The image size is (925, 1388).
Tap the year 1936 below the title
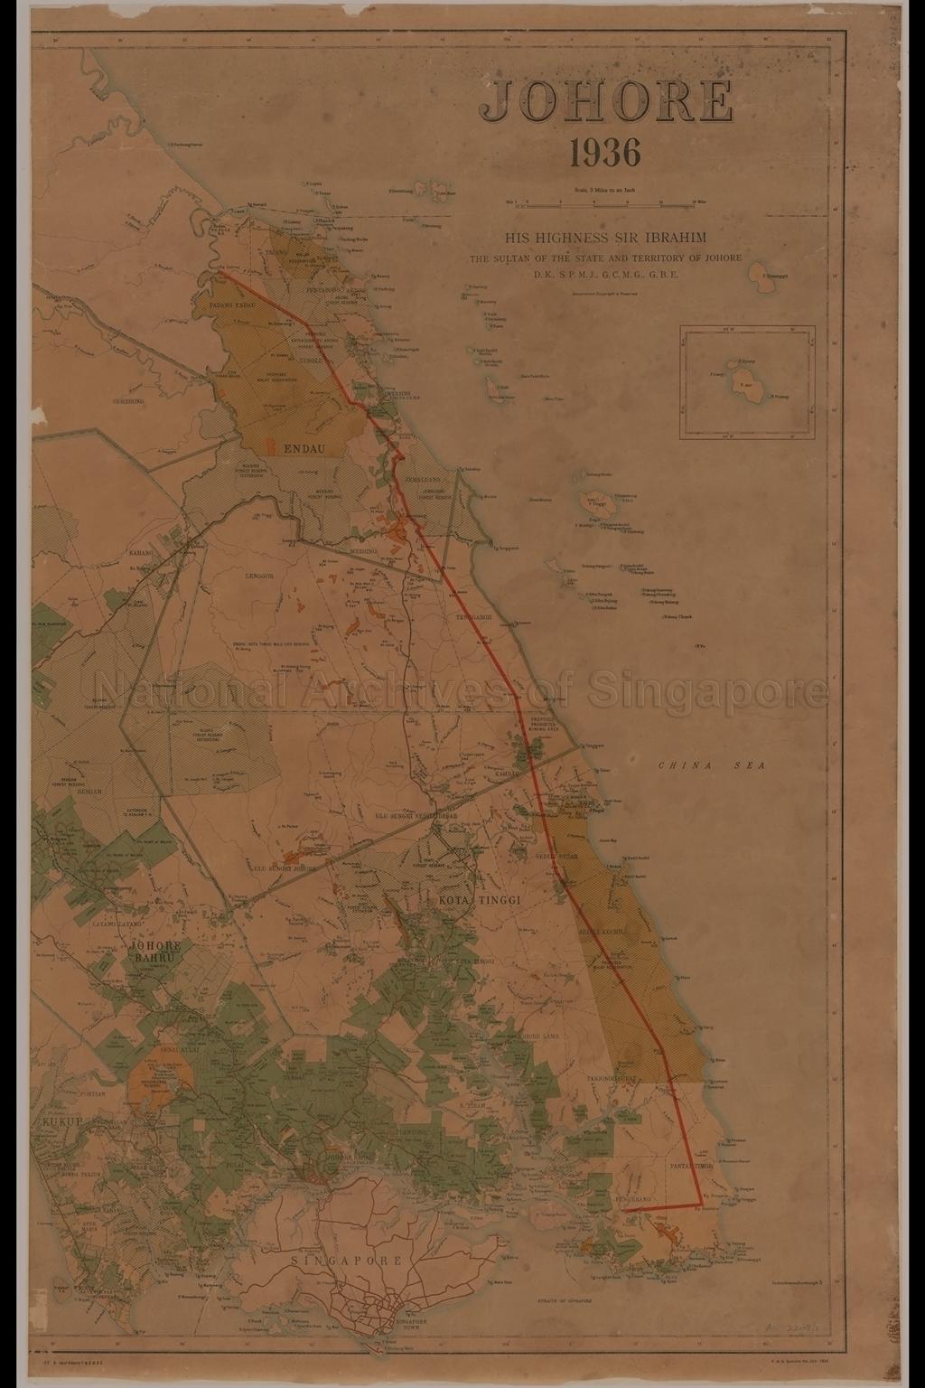point(605,153)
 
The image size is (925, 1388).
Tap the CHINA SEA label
point(711,765)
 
